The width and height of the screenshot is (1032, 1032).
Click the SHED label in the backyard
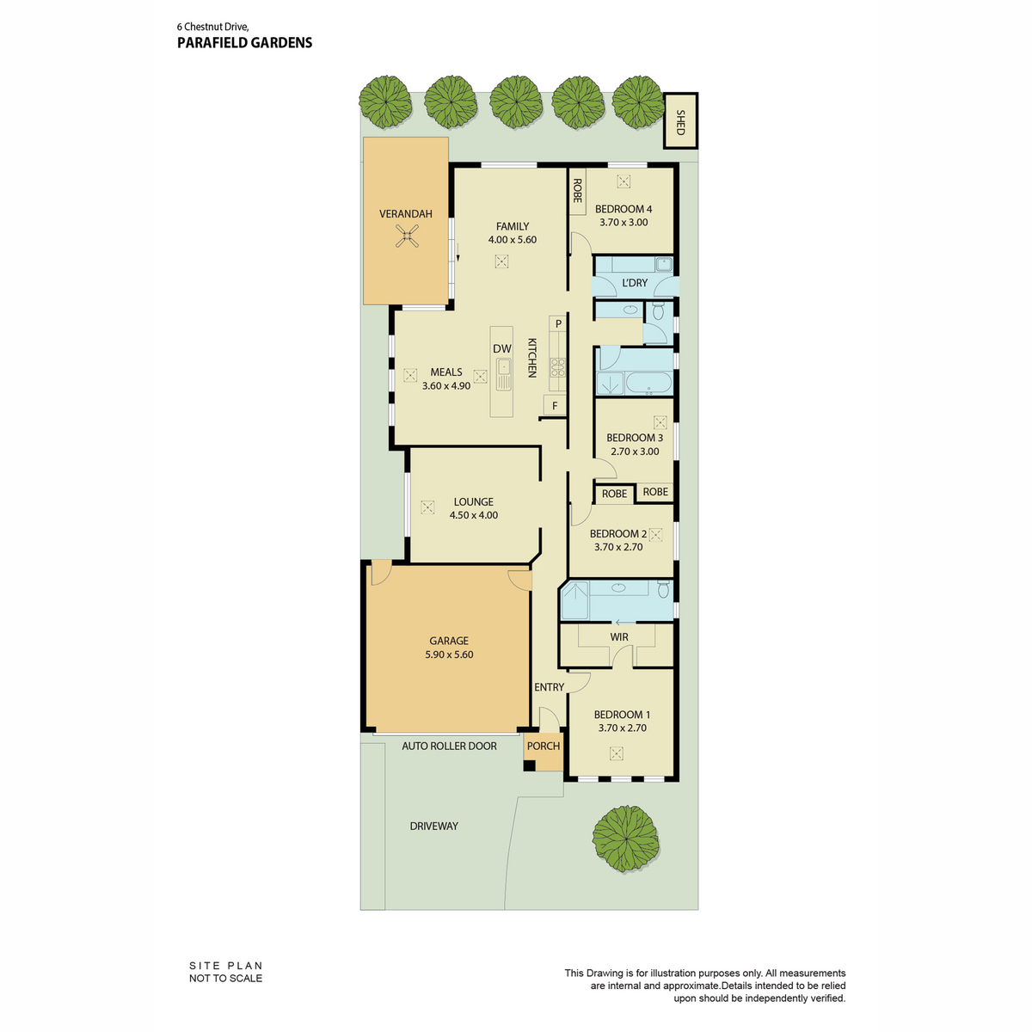click(680, 123)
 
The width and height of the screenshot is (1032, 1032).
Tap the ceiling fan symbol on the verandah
click(407, 236)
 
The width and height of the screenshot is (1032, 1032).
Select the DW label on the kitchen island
click(501, 348)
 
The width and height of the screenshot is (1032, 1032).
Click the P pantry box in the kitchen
click(558, 323)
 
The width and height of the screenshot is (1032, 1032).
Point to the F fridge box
click(555, 406)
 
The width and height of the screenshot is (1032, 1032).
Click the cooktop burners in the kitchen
click(557, 366)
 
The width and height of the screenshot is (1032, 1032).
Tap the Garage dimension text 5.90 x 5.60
click(449, 654)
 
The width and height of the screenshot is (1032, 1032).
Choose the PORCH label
click(543, 746)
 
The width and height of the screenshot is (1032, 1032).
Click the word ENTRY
click(549, 687)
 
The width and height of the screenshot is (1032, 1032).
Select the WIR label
click(618, 637)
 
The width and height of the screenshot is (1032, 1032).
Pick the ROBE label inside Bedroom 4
click(577, 190)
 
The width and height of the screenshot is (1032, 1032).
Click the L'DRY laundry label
click(635, 283)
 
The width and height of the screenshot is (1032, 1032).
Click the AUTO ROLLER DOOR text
click(449, 746)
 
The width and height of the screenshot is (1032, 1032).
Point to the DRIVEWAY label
click(433, 826)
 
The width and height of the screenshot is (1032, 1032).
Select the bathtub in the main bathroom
click(648, 383)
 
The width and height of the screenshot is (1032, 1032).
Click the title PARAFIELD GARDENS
click(245, 43)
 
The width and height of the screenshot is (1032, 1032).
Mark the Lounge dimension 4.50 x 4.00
click(473, 515)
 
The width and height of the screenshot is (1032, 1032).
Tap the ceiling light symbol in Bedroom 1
click(617, 753)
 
